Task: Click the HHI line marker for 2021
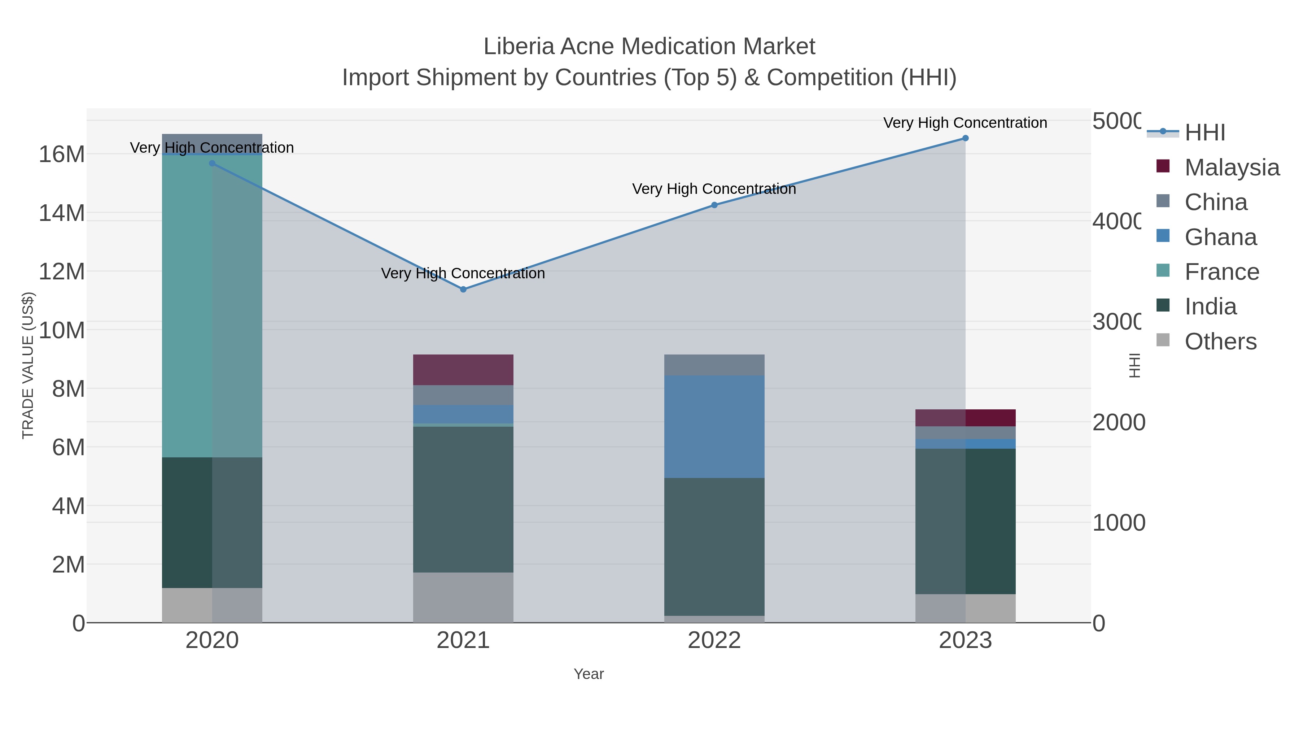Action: click(463, 289)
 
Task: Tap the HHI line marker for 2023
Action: click(965, 138)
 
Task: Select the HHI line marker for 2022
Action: click(714, 205)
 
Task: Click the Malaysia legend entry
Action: click(1232, 167)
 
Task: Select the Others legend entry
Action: click(1220, 341)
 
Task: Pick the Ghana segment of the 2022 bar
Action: click(714, 426)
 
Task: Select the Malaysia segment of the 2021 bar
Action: click(463, 370)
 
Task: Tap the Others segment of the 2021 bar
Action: click(463, 597)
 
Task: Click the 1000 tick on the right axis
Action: click(1119, 523)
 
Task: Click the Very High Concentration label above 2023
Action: click(965, 123)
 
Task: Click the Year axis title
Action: click(589, 674)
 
